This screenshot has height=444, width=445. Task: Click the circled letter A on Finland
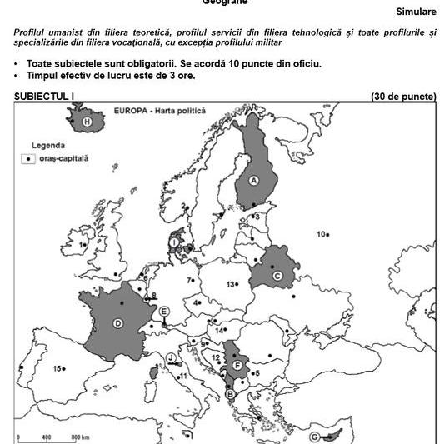[253, 180]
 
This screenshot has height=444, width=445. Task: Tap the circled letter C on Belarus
[277, 276]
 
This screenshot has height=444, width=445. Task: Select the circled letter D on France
[118, 324]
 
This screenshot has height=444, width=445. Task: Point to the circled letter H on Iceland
[87, 122]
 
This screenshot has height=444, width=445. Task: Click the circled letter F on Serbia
[237, 365]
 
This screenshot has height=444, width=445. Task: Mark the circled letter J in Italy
[171, 358]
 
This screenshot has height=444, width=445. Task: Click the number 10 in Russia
[321, 234]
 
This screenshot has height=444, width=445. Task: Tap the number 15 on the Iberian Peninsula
[57, 368]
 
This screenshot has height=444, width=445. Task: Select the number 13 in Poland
[231, 284]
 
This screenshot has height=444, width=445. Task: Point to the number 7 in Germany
[189, 281]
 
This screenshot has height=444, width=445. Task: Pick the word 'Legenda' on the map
[47, 144]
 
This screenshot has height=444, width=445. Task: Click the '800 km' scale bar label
[80, 437]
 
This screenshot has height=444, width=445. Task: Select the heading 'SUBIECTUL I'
[44, 97]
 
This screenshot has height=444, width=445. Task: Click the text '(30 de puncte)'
[403, 97]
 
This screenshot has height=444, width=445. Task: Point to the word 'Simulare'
[416, 12]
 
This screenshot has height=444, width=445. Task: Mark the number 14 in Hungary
[219, 331]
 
